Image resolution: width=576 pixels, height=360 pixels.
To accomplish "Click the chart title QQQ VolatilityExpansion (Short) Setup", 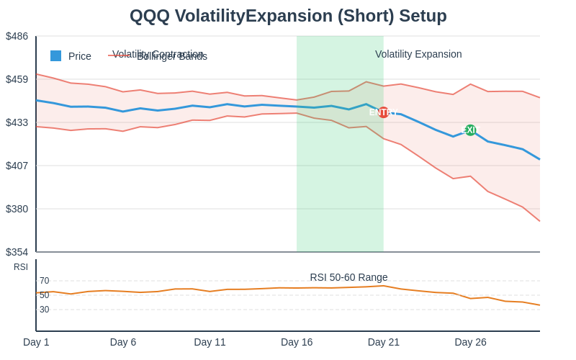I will [x=288, y=16].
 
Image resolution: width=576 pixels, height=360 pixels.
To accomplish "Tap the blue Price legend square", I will [x=55, y=56].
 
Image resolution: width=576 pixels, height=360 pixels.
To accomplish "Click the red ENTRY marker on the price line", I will [x=383, y=112].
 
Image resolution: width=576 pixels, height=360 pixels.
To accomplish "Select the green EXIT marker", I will [x=470, y=130].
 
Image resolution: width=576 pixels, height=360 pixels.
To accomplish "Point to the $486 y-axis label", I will [x=17, y=36].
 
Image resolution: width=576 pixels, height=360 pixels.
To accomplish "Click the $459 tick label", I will [x=17, y=79].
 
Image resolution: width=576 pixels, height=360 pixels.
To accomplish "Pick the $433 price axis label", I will [x=17, y=122].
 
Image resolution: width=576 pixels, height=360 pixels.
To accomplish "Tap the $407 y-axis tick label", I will [x=17, y=166].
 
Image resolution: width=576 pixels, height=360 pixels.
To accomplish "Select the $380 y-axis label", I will [x=17, y=209].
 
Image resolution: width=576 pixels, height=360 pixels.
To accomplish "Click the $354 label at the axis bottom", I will [x=17, y=252].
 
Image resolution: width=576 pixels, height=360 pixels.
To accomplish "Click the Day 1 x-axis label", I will [x=36, y=342].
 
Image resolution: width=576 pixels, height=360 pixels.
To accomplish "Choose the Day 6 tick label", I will [x=123, y=342].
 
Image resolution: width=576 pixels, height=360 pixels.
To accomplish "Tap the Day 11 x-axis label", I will [x=210, y=342].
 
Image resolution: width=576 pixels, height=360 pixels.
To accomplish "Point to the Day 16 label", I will [x=297, y=342].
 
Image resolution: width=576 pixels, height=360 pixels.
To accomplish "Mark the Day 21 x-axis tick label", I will [x=384, y=342].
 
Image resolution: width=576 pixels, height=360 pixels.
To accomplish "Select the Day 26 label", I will [x=470, y=342].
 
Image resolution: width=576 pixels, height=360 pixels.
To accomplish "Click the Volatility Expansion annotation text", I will [x=418, y=54].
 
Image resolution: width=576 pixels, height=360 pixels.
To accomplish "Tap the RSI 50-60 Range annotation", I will [x=348, y=277].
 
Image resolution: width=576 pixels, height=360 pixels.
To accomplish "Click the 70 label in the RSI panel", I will [x=45, y=281].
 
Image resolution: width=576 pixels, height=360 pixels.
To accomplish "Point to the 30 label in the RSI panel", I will [x=45, y=310].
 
